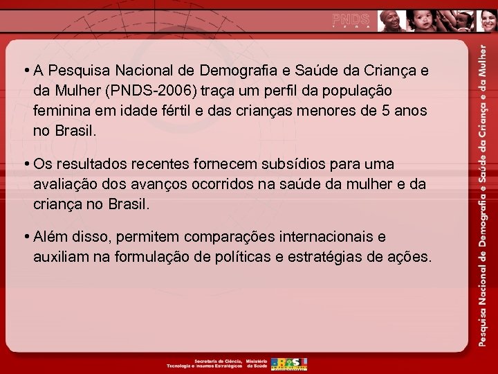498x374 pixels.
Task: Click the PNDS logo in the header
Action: point(351,19)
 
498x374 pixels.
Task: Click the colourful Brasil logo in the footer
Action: point(289,364)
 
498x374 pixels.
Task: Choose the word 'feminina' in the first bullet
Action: point(61,110)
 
